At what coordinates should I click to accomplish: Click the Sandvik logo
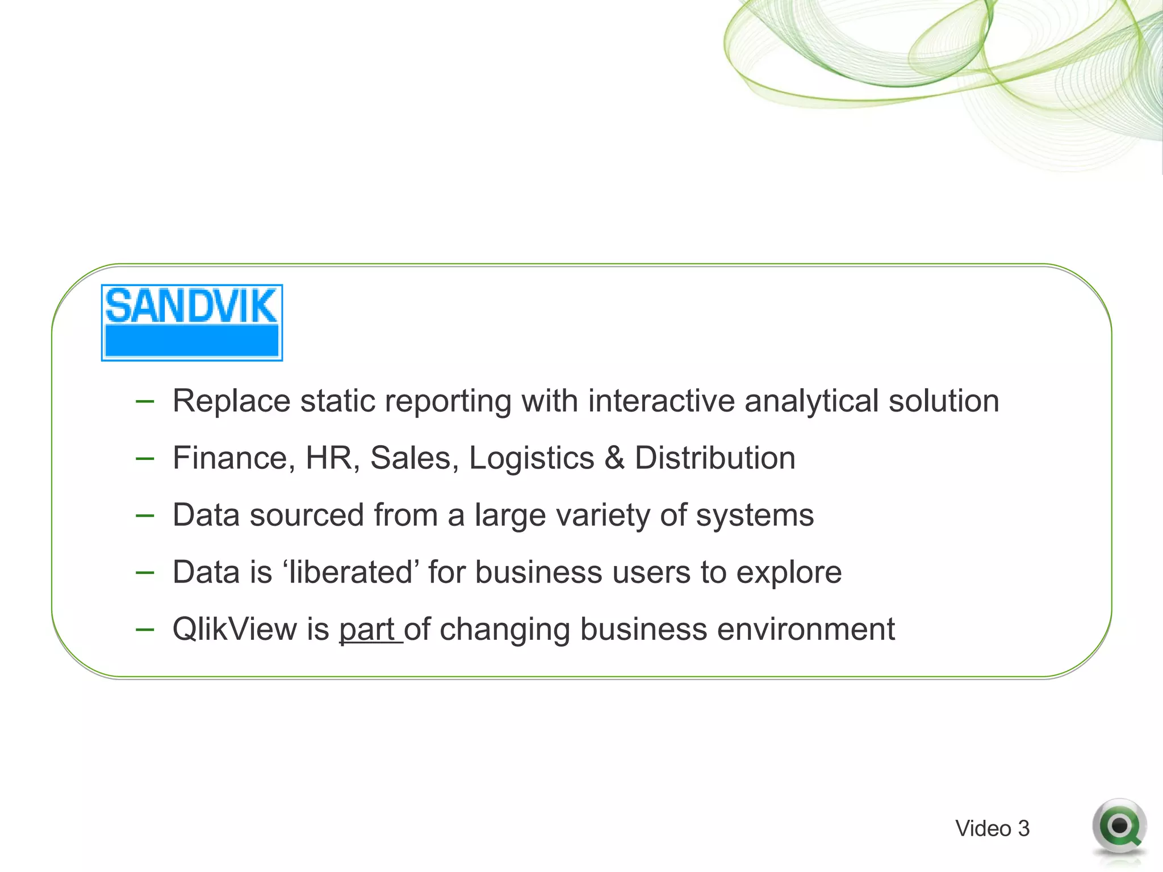pyautogui.click(x=192, y=322)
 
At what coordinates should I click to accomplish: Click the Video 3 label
pyautogui.click(x=992, y=828)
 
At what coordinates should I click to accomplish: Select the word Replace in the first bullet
pyautogui.click(x=231, y=401)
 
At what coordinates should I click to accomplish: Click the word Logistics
pyautogui.click(x=532, y=459)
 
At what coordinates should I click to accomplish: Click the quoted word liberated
pyautogui.click(x=350, y=572)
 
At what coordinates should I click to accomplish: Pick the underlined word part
pyautogui.click(x=367, y=630)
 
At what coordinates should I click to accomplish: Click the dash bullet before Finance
pyautogui.click(x=145, y=458)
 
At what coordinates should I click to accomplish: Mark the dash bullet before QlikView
pyautogui.click(x=145, y=629)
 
